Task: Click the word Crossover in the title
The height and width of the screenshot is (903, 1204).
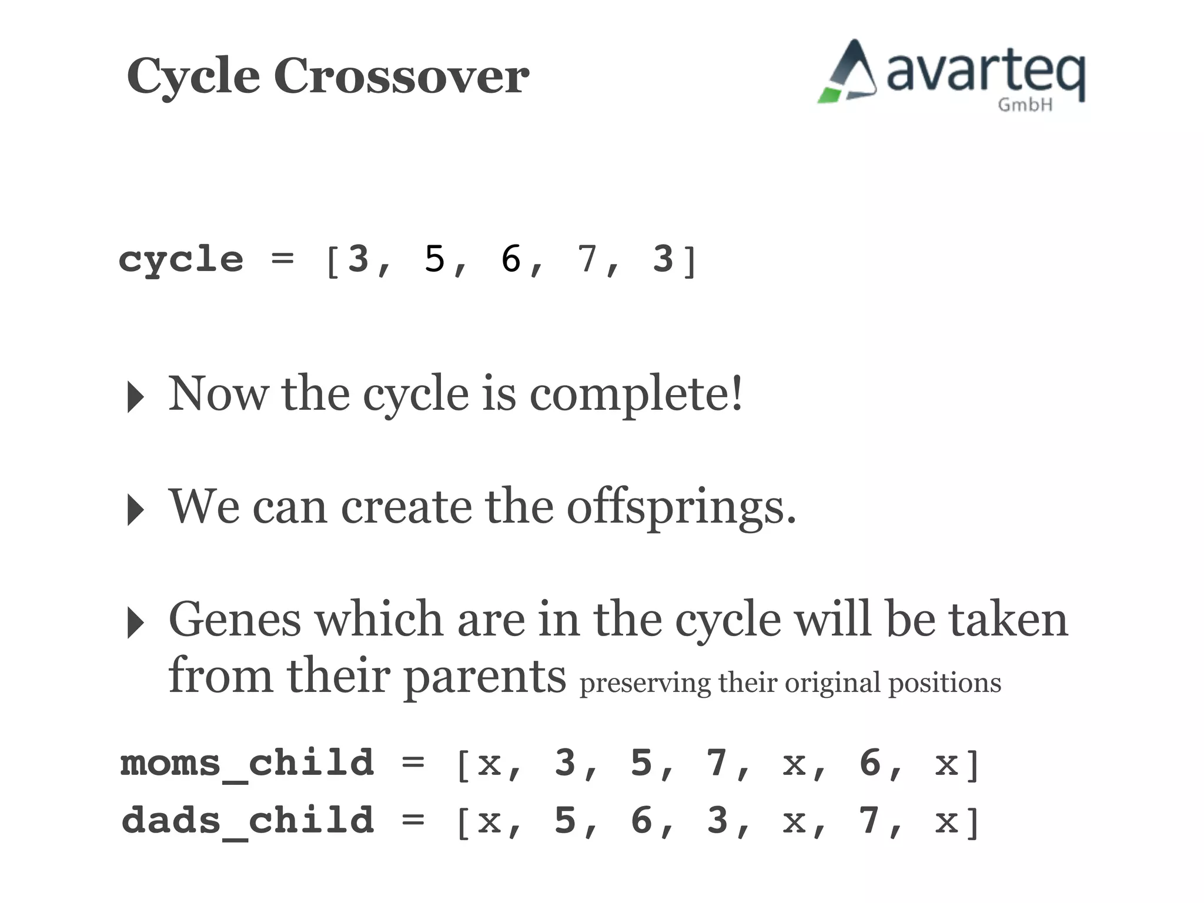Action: [x=402, y=76]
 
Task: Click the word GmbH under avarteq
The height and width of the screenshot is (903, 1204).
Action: [x=1025, y=105]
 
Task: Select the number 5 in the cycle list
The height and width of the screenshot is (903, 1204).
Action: [x=435, y=259]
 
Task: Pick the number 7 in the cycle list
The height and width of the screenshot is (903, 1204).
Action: [x=587, y=259]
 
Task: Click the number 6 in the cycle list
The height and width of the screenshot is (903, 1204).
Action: [x=511, y=259]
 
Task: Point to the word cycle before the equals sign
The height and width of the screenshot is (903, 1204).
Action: [x=181, y=260]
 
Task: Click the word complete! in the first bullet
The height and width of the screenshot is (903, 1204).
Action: [x=637, y=394]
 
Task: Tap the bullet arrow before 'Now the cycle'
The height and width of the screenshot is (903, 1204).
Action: [x=136, y=397]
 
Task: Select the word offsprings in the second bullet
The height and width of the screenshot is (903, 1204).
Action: [x=681, y=507]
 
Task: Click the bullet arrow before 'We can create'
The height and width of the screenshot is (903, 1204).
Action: [x=136, y=510]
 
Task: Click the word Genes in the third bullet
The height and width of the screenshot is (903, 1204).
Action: [x=234, y=620]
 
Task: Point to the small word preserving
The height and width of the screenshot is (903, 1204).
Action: [x=645, y=684]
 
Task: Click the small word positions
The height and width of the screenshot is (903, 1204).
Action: [x=944, y=684]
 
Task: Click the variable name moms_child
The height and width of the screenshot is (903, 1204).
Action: [x=248, y=763]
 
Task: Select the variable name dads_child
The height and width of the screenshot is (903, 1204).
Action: [x=248, y=820]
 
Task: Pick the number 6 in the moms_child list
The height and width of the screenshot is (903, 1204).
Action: [x=869, y=762]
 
